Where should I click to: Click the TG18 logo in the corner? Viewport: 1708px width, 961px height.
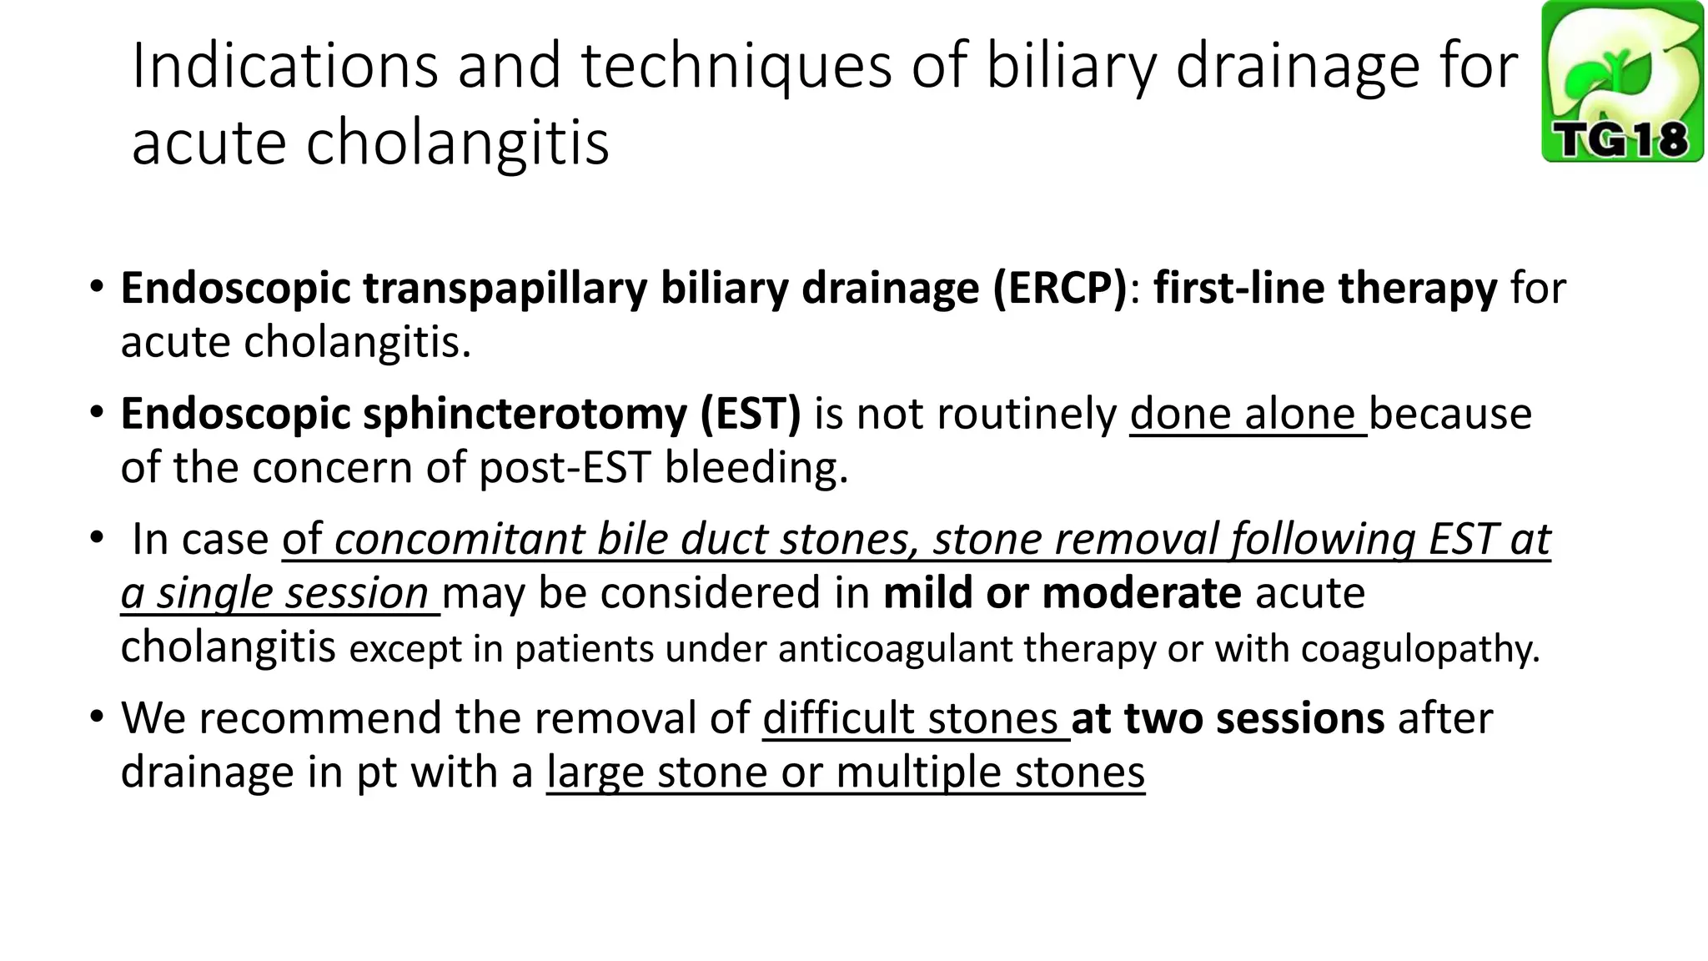tap(1621, 82)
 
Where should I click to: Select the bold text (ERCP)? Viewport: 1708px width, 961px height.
tap(1059, 289)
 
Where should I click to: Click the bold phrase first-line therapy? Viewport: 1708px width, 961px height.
tap(1325, 289)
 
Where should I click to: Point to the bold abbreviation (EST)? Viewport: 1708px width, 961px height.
tap(750, 414)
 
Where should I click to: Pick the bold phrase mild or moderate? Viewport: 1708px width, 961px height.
tap(1062, 593)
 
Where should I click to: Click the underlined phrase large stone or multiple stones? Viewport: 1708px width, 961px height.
tap(845, 772)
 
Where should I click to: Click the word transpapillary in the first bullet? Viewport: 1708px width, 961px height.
tap(505, 289)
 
